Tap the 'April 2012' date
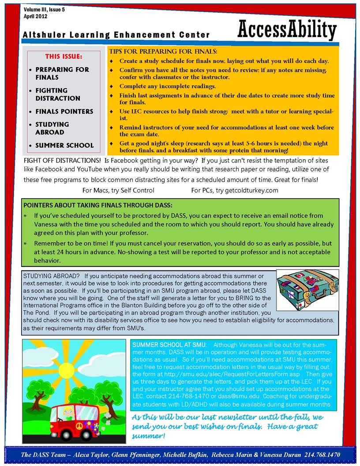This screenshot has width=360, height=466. [35, 16]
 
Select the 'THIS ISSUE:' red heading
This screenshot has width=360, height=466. [64, 56]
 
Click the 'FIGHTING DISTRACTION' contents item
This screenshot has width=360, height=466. [58, 94]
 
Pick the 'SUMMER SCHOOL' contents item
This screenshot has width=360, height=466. [64, 145]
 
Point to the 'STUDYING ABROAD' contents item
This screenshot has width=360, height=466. [52, 128]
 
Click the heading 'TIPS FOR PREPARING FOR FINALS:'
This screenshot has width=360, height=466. [163, 52]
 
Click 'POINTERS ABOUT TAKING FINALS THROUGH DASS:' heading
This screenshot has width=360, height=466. [97, 205]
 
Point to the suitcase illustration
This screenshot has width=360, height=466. [307, 290]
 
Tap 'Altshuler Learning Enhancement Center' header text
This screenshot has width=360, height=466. [116, 35]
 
